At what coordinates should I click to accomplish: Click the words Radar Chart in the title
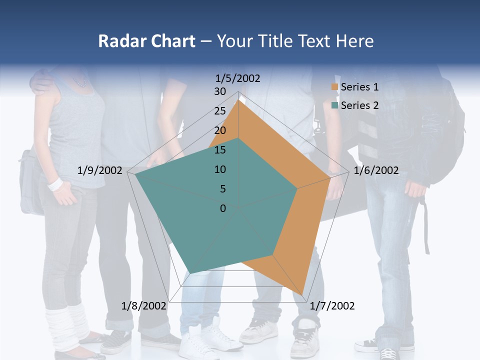[146, 41]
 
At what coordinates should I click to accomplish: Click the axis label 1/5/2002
[238, 78]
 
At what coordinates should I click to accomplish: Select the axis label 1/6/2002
[376, 170]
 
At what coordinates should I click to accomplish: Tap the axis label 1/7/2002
[332, 306]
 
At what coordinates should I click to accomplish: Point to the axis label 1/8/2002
[144, 306]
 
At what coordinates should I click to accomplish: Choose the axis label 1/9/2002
[100, 170]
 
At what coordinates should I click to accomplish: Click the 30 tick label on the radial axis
[220, 91]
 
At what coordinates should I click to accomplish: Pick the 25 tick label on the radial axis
[220, 111]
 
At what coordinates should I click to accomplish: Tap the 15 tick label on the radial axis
[220, 150]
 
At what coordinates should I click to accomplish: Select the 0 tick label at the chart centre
[223, 208]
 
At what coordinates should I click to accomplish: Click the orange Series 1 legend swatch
[335, 87]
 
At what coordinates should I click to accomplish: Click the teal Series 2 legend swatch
[335, 105]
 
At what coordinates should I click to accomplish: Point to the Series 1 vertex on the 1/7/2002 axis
[303, 294]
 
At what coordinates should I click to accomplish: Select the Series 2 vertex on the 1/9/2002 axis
[135, 174]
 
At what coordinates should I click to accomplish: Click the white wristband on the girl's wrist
[55, 184]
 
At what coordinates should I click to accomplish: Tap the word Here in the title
[355, 41]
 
